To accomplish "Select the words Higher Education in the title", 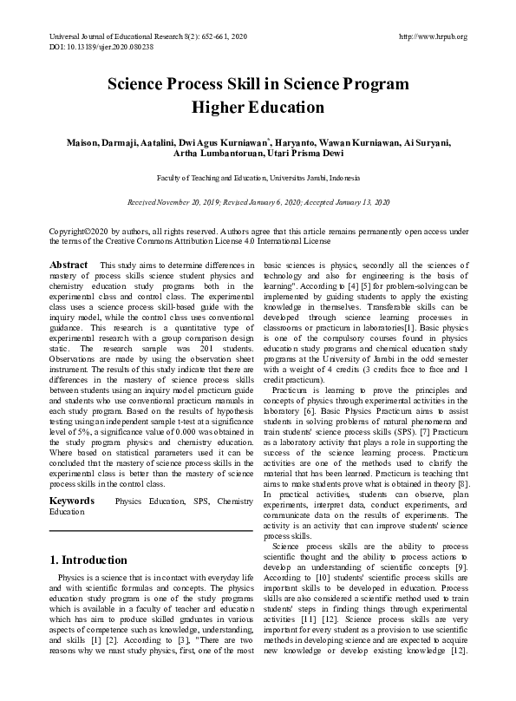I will tap(257, 108).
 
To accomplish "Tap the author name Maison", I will tap(84, 142).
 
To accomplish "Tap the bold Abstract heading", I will tap(69, 264).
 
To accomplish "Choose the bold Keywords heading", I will tap(72, 501).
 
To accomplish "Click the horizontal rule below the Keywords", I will tap(151, 529).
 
